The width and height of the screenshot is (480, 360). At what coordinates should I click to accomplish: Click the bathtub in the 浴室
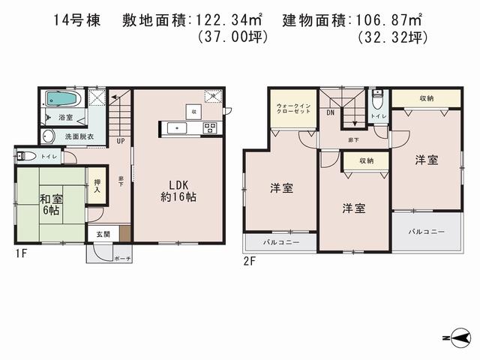[x=58, y=99]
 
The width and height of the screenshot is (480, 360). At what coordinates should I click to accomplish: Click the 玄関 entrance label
[x=102, y=235]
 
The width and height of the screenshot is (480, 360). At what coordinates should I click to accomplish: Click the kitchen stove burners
[x=209, y=127]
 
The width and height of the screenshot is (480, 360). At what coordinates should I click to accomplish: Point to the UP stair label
[x=120, y=140]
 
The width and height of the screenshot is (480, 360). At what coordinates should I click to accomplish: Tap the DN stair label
[x=330, y=113]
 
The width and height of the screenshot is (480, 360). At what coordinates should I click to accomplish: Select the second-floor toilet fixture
[x=376, y=103]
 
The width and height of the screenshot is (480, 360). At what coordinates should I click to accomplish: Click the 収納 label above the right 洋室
[x=427, y=97]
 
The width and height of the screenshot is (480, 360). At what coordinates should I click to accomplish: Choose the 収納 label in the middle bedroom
[x=366, y=160]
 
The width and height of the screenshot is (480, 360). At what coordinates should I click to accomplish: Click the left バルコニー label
[x=280, y=243]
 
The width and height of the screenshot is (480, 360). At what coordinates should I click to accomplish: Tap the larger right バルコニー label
[x=425, y=232]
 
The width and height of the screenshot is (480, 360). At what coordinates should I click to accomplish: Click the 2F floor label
[x=248, y=261]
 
